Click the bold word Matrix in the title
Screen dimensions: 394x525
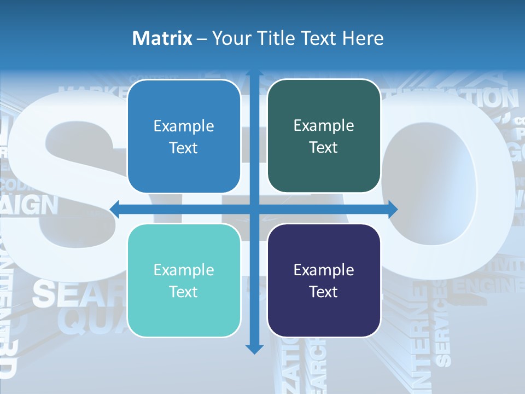click(x=162, y=38)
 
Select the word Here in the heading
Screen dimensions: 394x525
click(x=363, y=38)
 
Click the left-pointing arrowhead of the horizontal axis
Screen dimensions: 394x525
click(x=115, y=208)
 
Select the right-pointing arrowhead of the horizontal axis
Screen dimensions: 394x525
click(x=392, y=208)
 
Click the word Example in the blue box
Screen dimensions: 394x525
click(x=184, y=126)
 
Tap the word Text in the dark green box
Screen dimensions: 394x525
click(x=324, y=148)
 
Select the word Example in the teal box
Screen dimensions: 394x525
click(x=184, y=270)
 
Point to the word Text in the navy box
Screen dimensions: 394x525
click(x=324, y=292)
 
